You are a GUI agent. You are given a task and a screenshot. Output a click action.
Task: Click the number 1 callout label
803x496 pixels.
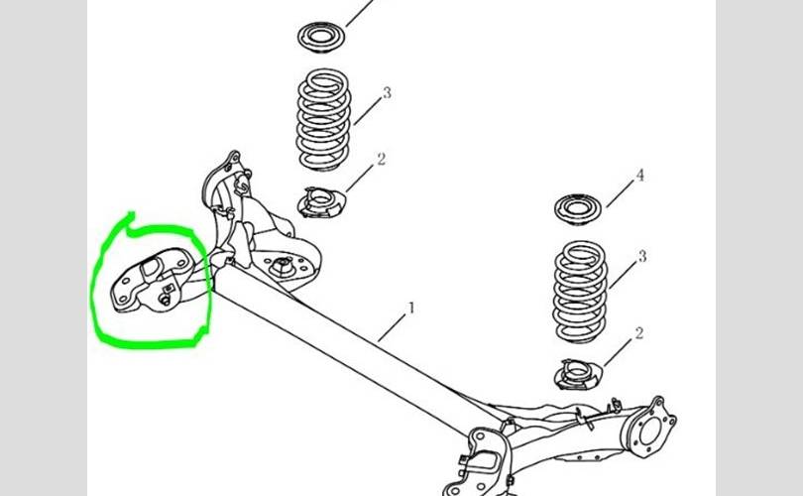point(411,309)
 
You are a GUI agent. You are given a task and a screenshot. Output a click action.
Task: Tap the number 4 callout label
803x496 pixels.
point(639,176)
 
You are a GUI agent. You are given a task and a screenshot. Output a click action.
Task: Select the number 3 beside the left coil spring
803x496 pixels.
point(387,93)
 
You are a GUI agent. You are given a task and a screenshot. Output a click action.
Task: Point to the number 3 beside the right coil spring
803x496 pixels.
point(642,257)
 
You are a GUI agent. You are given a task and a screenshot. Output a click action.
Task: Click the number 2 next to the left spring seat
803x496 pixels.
point(381,159)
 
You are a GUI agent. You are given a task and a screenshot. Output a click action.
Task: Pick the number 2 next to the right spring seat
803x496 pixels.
point(638,333)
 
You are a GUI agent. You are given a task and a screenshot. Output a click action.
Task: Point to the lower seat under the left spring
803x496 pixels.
point(322,204)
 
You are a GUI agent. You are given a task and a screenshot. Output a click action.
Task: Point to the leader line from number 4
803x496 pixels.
point(620,192)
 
